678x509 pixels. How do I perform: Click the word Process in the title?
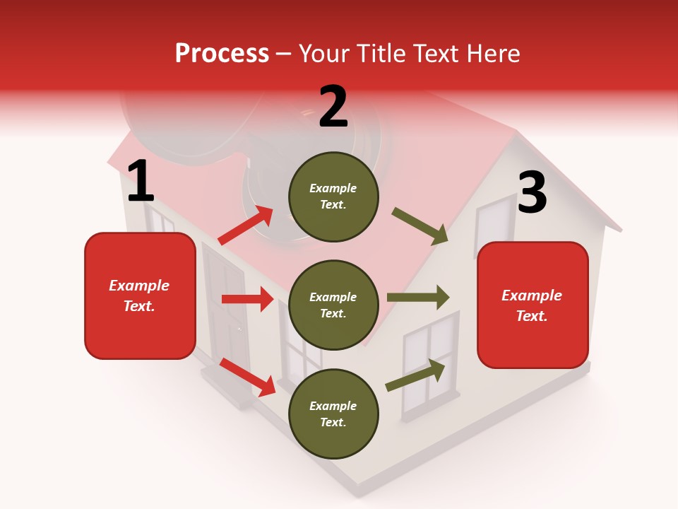click(222, 54)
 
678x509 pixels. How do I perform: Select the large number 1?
click(140, 182)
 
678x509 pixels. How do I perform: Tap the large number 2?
click(333, 107)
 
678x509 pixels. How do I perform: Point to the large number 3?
click(532, 193)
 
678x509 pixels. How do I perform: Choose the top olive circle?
click(333, 197)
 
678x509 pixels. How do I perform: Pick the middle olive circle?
click(333, 305)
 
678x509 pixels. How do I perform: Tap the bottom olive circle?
click(333, 414)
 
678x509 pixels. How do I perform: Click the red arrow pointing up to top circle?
click(246, 226)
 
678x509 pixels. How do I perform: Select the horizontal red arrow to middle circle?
click(247, 299)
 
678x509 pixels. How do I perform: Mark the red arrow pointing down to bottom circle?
click(247, 376)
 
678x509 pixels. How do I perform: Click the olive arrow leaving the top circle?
click(420, 226)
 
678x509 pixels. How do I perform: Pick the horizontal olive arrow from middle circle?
click(418, 297)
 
